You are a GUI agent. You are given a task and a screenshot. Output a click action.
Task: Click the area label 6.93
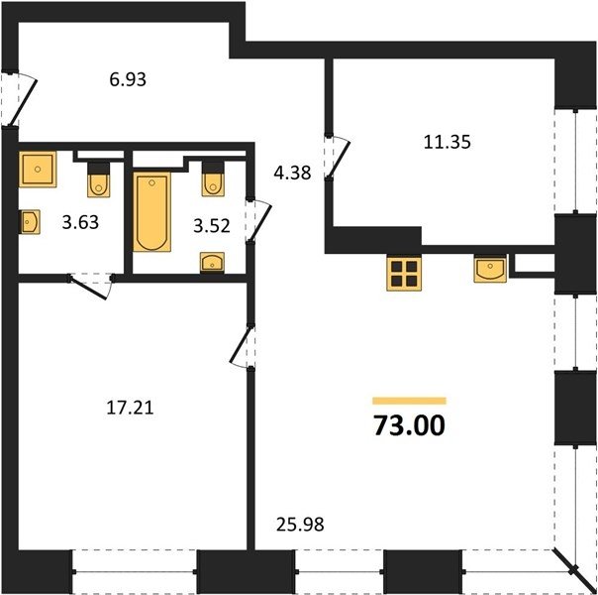(x=128, y=79)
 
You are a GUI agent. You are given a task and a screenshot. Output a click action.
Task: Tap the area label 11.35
(x=448, y=142)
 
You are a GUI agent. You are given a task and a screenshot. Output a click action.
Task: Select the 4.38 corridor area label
(x=292, y=173)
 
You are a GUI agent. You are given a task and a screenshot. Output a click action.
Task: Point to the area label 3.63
(x=80, y=222)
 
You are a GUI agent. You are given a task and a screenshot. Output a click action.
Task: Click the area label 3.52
(x=212, y=226)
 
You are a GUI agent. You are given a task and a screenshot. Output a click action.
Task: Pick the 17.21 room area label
(x=130, y=408)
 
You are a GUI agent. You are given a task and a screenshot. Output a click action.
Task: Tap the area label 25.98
(x=300, y=525)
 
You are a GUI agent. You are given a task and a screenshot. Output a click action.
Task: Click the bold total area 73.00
(x=409, y=425)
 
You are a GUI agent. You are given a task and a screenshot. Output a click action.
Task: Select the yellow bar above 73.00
(x=409, y=401)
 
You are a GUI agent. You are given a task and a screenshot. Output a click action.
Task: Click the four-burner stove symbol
(x=404, y=273)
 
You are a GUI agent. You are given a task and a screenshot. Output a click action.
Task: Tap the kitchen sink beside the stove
(x=490, y=269)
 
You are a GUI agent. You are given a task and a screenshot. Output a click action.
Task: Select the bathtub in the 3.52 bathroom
(x=151, y=212)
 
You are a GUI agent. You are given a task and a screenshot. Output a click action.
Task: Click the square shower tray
(x=38, y=170)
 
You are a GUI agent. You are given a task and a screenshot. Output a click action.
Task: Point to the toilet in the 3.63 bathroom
(x=99, y=180)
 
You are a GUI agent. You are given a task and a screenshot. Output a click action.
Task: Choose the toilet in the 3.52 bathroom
(x=213, y=179)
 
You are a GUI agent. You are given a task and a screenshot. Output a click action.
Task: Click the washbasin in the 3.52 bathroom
(x=213, y=263)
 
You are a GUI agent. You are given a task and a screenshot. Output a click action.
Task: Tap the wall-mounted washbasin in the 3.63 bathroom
(x=30, y=222)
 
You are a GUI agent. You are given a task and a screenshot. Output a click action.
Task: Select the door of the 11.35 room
(x=337, y=157)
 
